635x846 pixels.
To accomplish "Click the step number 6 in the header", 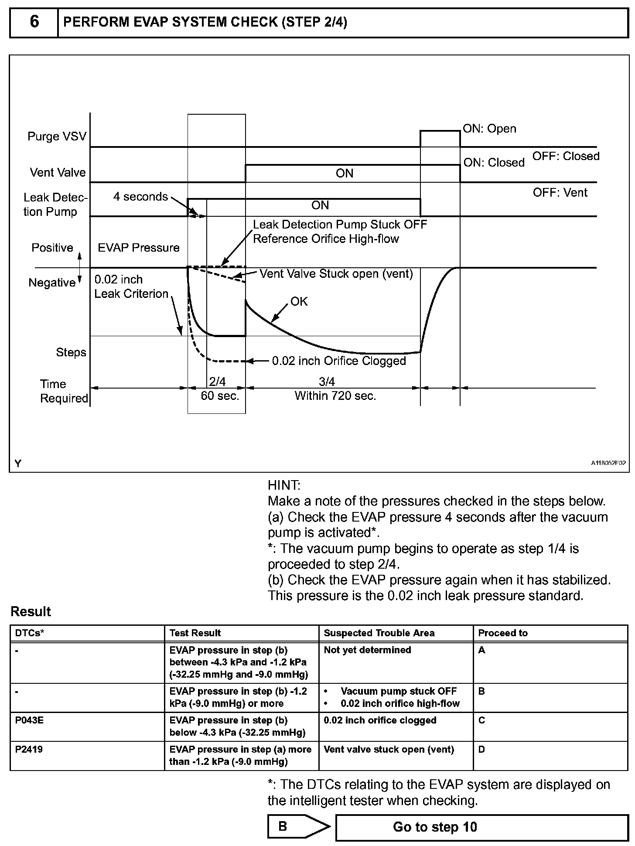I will (x=34, y=22).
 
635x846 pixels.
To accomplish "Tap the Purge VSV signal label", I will (x=57, y=136).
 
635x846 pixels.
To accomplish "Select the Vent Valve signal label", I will (x=58, y=173).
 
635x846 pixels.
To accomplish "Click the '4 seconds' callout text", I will (x=140, y=197).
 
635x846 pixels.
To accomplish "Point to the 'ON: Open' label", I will (x=489, y=129).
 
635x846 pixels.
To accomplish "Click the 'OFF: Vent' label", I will (x=560, y=192).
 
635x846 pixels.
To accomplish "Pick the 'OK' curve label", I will (x=299, y=301).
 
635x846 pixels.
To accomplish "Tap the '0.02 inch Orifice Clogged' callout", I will (x=339, y=361).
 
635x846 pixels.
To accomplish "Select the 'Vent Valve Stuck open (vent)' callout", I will (x=336, y=274).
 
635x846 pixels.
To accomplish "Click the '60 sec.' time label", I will (x=220, y=396).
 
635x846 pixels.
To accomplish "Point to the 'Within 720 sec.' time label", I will (x=335, y=396).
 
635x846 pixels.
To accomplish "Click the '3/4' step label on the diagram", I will (x=327, y=382).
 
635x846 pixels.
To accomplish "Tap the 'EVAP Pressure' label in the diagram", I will (x=138, y=248).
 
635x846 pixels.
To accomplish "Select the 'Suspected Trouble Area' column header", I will (x=379, y=633).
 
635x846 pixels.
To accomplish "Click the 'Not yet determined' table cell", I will (x=367, y=650).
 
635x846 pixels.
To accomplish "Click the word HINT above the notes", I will (x=284, y=485).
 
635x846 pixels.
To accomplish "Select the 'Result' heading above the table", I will (x=31, y=611).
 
